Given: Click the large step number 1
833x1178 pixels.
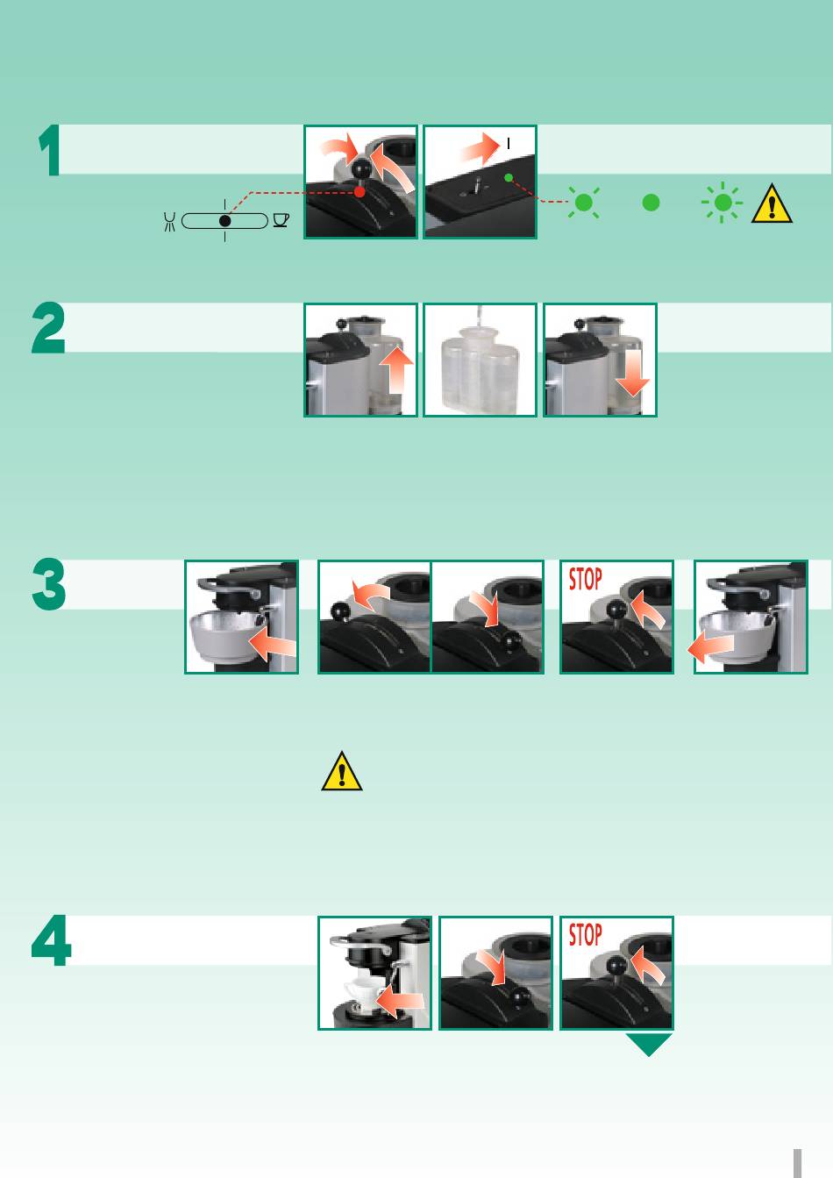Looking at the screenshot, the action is click(49, 150).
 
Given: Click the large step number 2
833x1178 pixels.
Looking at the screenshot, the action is click(48, 327).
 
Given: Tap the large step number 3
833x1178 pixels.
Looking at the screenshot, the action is click(49, 584).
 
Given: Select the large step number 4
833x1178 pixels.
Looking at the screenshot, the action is click(51, 940).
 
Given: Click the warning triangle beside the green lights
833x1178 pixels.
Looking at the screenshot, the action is click(772, 203).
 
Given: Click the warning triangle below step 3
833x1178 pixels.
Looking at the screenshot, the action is click(342, 771).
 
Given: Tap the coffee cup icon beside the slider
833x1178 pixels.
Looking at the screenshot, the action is click(281, 220).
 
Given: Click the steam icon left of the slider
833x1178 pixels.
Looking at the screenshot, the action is click(169, 221).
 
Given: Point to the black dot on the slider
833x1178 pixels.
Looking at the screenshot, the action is click(225, 221).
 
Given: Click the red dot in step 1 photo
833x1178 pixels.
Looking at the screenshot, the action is click(360, 192).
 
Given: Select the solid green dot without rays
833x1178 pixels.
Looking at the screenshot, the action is click(651, 203).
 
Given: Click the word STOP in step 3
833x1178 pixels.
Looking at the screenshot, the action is click(585, 579).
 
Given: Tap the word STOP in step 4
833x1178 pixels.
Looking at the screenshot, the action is click(585, 936).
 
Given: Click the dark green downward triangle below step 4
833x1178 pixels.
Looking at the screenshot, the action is click(649, 1044).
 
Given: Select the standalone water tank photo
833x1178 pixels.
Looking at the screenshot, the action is click(480, 361).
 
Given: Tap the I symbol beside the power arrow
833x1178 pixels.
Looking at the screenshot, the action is click(509, 144).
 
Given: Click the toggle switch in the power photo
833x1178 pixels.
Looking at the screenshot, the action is click(477, 187).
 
